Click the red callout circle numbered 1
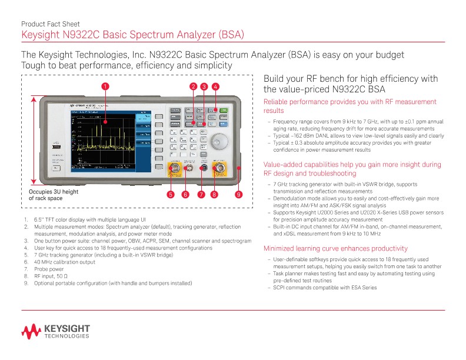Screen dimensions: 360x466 point(104,86)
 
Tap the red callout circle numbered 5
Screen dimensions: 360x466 point(171,194)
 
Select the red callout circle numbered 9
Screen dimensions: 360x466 point(238,194)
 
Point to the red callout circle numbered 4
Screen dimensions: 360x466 point(216,86)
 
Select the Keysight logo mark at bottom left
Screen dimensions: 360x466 point(30,331)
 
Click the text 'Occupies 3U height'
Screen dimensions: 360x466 point(54,192)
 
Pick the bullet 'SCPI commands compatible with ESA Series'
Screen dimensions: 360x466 point(325,288)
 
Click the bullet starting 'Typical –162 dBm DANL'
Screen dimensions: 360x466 point(359,135)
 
